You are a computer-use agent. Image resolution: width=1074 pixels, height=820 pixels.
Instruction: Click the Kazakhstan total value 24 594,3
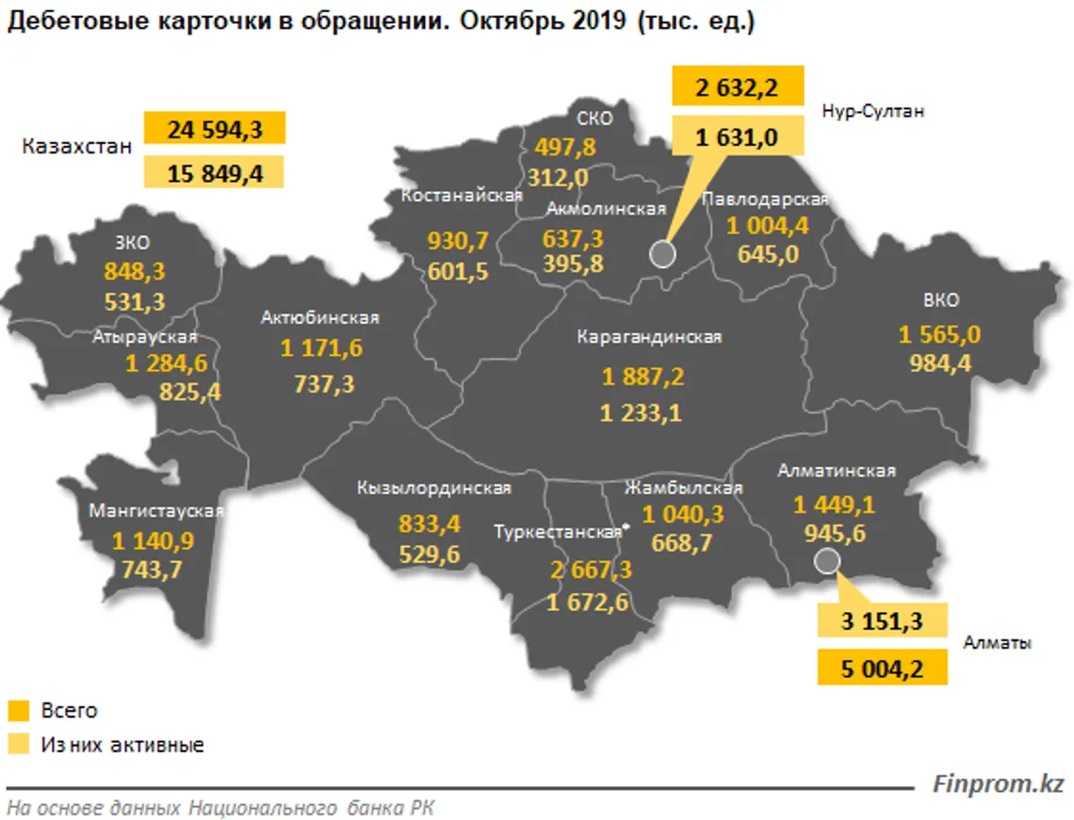pos(214,129)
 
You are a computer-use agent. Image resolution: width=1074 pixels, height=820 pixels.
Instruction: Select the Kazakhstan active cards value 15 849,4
pos(214,172)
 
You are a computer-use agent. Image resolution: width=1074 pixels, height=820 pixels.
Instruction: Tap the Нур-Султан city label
pos(873,110)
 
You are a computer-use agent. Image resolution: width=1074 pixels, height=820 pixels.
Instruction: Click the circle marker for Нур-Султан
pos(662,254)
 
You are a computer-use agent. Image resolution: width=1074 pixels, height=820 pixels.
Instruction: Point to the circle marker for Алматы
pos(827,562)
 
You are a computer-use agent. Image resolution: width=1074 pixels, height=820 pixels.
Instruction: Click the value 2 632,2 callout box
pos(737,88)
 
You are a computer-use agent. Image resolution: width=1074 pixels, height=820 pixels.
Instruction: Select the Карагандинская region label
pos(650,337)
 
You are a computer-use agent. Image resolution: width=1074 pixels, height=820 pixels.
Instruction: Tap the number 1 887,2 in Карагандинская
pos(643,378)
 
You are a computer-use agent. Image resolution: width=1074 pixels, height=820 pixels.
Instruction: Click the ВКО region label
pos(941,300)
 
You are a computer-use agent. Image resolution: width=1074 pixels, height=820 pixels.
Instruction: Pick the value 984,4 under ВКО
pos(940,363)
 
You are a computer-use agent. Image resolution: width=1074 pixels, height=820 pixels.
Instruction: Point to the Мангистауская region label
pos(156,511)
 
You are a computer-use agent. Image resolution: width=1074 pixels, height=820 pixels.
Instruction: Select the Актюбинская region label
pos(320,318)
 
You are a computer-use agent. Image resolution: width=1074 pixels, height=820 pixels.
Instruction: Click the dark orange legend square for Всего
pos(18,711)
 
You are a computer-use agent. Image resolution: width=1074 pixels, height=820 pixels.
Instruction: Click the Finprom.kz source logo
pos(998,782)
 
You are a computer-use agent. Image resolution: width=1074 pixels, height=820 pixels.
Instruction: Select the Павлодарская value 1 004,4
pos(768,226)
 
